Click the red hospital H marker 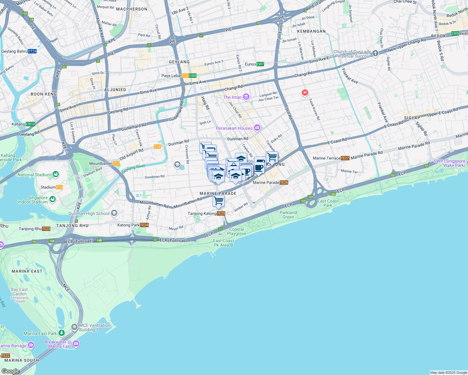(x=305, y=92)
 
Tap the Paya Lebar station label (x=171, y=76)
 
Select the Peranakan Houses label (x=234, y=128)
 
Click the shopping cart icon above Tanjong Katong (x=218, y=201)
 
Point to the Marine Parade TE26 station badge (x=284, y=182)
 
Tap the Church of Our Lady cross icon (x=375, y=53)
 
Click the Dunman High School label (x=89, y=214)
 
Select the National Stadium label (x=34, y=175)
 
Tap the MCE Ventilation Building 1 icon (x=74, y=327)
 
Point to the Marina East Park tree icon (x=62, y=333)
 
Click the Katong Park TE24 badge (x=144, y=225)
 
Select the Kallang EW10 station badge (x=31, y=124)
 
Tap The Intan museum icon (x=246, y=97)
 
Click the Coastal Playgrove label (x=237, y=231)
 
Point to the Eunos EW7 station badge (x=260, y=64)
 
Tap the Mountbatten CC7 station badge (x=116, y=163)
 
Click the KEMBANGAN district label (x=311, y=31)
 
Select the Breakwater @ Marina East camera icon (x=76, y=344)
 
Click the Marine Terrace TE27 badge (x=345, y=158)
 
